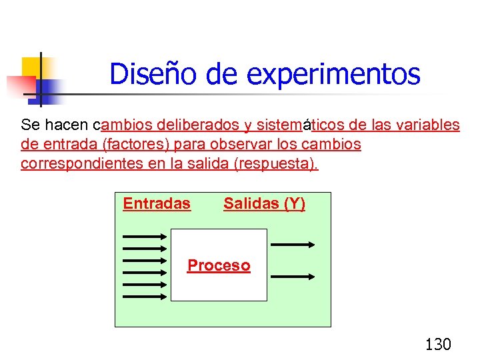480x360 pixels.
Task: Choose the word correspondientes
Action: tap(79, 163)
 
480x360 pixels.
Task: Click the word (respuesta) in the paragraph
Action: tap(276, 163)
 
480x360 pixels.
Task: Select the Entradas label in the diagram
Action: tap(157, 204)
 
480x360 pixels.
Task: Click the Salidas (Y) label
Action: tap(264, 204)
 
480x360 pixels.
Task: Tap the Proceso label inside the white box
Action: tap(219, 265)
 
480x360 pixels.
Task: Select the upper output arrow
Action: tap(293, 245)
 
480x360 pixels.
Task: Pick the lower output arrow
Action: tap(293, 276)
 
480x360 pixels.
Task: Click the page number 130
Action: tap(438, 344)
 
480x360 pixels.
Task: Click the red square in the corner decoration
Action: tap(20, 86)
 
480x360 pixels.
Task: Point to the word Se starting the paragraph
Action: tap(30, 125)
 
